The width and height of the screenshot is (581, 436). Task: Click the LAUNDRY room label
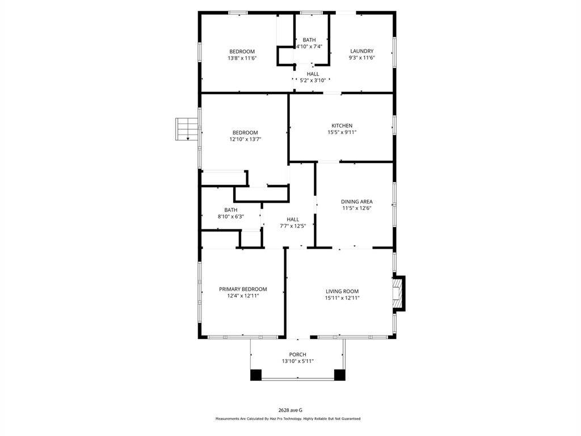tap(361, 51)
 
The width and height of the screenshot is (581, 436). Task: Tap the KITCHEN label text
tap(342, 125)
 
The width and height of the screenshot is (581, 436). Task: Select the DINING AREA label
tap(356, 202)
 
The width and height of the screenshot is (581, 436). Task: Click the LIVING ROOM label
tap(342, 291)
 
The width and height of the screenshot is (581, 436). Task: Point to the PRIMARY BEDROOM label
tap(243, 289)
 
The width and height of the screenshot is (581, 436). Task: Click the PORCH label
tap(297, 354)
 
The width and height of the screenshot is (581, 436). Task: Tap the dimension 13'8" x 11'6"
tap(242, 58)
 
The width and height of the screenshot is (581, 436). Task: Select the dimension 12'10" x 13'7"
tap(245, 140)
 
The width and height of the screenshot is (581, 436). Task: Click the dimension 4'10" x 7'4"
tap(309, 47)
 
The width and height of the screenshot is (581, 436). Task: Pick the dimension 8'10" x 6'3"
tap(230, 216)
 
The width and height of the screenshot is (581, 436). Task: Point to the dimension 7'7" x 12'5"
tap(292, 226)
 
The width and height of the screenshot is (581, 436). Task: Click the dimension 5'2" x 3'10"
tap(313, 80)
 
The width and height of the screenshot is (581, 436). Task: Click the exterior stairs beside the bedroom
tap(187, 129)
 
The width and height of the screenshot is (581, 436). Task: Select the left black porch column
tap(256, 375)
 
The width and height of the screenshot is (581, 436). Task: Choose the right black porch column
tap(340, 375)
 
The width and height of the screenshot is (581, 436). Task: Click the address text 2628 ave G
tap(290, 410)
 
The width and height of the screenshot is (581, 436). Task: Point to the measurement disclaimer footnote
tap(288, 418)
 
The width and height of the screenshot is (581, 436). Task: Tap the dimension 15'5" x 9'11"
tap(342, 132)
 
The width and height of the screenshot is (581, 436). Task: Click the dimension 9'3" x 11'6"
tap(361, 58)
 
